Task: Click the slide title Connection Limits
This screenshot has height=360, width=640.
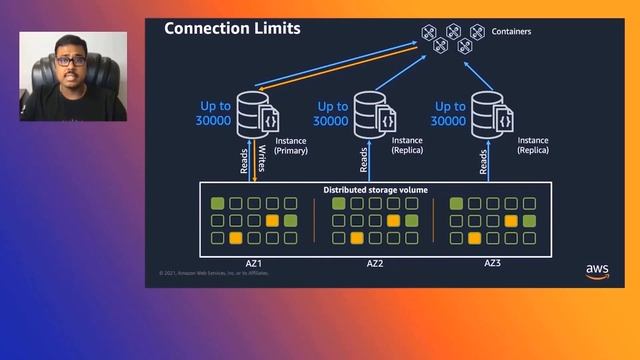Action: click(x=232, y=29)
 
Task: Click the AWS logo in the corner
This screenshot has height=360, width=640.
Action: click(x=597, y=272)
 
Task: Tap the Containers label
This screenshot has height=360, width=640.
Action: click(x=511, y=32)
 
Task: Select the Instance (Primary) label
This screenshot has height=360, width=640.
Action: click(x=285, y=146)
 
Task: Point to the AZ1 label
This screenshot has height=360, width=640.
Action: click(x=254, y=264)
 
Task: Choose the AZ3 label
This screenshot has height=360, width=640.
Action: click(x=492, y=264)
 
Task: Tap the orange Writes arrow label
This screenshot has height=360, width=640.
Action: click(x=260, y=161)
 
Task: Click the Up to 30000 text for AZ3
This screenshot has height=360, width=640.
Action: click(x=450, y=113)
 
